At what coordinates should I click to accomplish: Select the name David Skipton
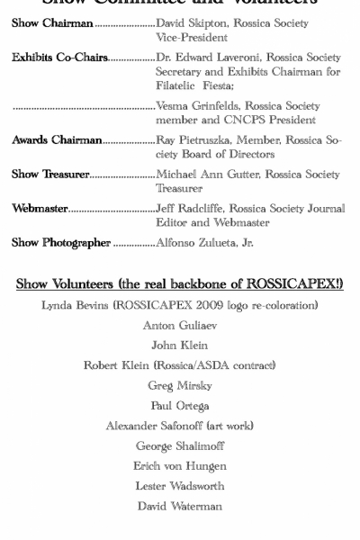click(192, 23)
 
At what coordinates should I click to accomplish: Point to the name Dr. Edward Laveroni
click(202, 58)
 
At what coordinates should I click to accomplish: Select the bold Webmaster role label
click(40, 209)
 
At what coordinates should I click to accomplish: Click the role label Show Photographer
click(61, 243)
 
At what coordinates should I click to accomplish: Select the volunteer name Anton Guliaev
click(180, 326)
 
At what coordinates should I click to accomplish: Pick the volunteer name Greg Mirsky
click(180, 386)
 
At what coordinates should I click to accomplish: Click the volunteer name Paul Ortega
click(180, 406)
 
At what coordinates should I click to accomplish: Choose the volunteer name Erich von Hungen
click(180, 466)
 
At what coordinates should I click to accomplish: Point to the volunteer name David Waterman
click(180, 506)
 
